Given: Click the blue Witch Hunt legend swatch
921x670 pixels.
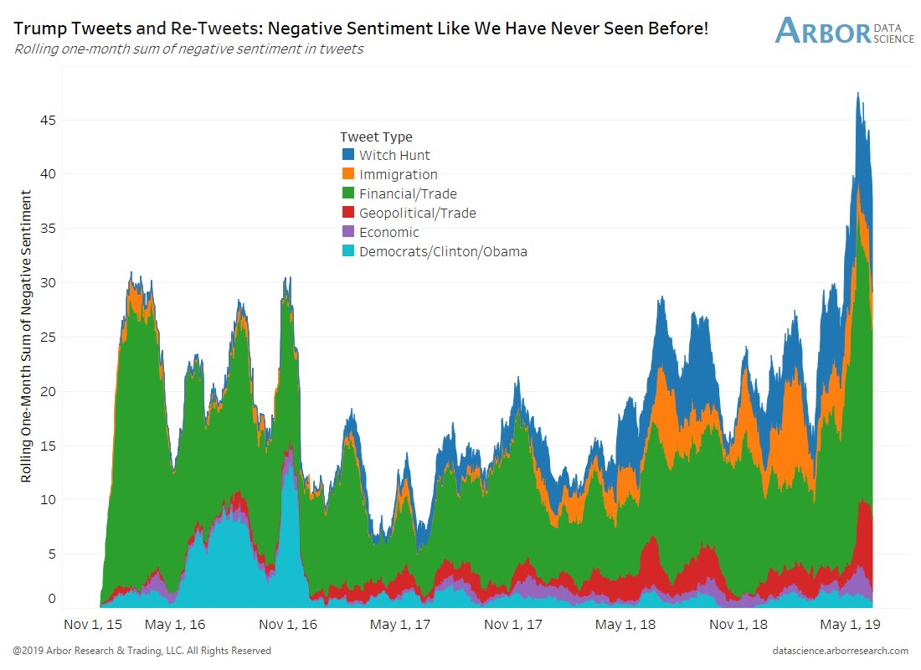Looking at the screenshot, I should pyautogui.click(x=348, y=155).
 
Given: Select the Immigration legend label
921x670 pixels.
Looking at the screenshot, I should pyautogui.click(x=399, y=174).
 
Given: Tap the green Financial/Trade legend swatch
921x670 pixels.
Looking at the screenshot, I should pyautogui.click(x=348, y=193).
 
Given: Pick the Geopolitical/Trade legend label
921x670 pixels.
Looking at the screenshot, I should pyautogui.click(x=418, y=213).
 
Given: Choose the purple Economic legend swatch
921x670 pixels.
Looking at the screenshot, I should pyautogui.click(x=348, y=232).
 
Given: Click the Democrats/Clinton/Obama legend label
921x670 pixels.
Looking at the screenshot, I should pyautogui.click(x=443, y=251).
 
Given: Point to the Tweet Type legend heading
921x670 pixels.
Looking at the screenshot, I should pyautogui.click(x=376, y=137).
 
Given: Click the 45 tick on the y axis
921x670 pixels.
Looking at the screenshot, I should pyautogui.click(x=49, y=120).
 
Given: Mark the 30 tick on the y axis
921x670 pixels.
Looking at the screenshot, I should pyautogui.click(x=49, y=282).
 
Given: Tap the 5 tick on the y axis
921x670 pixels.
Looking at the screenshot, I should pyautogui.click(x=53, y=554).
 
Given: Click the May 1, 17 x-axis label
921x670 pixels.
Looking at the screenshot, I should pyautogui.click(x=399, y=625).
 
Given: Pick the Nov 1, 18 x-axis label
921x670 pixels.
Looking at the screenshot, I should pyautogui.click(x=738, y=625).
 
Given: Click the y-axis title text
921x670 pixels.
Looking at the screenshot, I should pyautogui.click(x=26, y=336).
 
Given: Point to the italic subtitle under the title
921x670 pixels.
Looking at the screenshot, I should pyautogui.click(x=188, y=49).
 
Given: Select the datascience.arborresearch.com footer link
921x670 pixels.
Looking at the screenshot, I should pyautogui.click(x=841, y=651).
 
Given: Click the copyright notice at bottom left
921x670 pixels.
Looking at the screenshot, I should pyautogui.click(x=141, y=651).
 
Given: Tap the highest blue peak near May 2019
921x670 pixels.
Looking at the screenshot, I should pyautogui.click(x=858, y=94).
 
